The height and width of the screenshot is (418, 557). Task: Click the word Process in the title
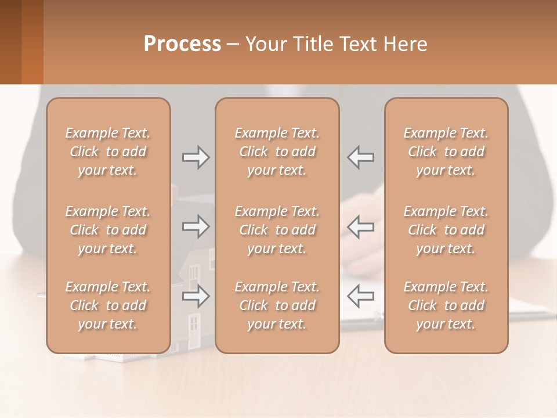tap(182, 44)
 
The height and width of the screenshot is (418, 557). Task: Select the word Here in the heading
tap(406, 44)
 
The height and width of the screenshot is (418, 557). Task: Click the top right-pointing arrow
tap(196, 157)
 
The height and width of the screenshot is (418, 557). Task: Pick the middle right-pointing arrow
tap(196, 226)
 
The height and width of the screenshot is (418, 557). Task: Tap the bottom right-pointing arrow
tap(196, 296)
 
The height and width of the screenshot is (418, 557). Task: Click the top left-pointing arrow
tap(360, 157)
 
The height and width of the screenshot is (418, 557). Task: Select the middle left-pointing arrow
tap(360, 226)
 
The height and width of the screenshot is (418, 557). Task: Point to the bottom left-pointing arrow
tap(360, 296)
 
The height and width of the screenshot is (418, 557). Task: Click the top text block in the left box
tap(108, 152)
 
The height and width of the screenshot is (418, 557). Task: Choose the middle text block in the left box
tap(108, 230)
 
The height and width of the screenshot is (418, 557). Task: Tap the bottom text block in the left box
tap(108, 305)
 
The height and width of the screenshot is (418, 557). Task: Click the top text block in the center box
tap(277, 152)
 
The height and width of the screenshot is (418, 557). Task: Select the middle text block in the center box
tap(277, 230)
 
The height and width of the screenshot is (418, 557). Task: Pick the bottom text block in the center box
tap(277, 305)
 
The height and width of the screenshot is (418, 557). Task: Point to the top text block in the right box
tap(446, 152)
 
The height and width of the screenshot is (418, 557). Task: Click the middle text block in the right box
tap(446, 230)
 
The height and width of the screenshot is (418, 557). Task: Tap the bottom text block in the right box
tap(446, 305)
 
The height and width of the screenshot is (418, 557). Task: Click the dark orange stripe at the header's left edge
tap(32, 42)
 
